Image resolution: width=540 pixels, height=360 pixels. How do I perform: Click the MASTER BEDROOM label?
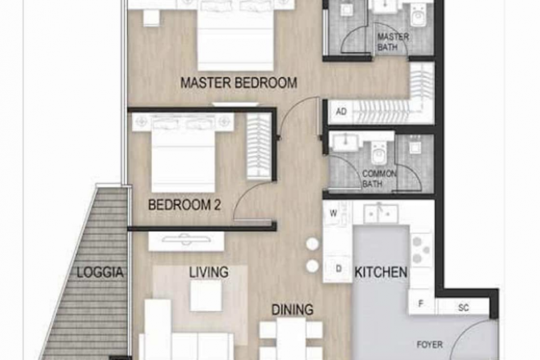click(x=238, y=83)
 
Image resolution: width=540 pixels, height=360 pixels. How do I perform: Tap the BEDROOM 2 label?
click(x=184, y=205)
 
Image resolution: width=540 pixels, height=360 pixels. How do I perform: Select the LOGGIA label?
click(x=100, y=273)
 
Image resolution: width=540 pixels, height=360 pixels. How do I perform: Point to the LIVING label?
click(x=209, y=272)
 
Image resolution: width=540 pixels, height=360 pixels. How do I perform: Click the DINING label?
click(x=292, y=310)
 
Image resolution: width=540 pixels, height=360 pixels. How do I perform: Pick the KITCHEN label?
click(x=381, y=273)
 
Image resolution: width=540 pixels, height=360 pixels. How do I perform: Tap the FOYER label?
click(x=430, y=345)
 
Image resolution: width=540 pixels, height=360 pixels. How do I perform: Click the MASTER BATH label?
click(x=393, y=42)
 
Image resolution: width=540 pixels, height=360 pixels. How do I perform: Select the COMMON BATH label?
click(x=379, y=178)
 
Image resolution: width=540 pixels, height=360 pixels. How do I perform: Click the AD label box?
click(x=341, y=112)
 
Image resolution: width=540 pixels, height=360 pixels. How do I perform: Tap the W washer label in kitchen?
click(x=333, y=214)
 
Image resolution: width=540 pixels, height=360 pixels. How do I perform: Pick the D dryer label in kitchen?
click(x=338, y=268)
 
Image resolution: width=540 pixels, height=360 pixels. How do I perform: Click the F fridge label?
click(x=421, y=303)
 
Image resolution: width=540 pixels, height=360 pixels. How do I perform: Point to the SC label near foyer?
click(x=463, y=307)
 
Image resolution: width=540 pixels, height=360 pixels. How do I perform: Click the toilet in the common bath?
click(x=378, y=152)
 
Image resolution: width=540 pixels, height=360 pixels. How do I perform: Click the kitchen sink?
click(x=380, y=213)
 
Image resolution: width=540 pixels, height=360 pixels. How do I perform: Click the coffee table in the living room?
click(x=206, y=295)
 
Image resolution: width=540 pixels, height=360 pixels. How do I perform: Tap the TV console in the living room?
click(x=186, y=242)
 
